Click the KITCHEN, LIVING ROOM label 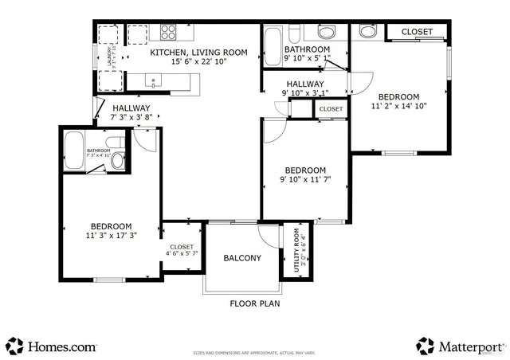198,53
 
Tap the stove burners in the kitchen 169,32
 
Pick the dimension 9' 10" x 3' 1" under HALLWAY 304,93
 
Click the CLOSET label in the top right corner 417,32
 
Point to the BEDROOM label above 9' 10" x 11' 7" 305,170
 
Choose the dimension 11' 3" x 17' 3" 111,236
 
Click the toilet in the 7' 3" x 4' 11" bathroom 117,162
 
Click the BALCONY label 242,258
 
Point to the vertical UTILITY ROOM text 296,251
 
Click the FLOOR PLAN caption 254,303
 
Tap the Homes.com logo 52,346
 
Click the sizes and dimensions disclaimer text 254,352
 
